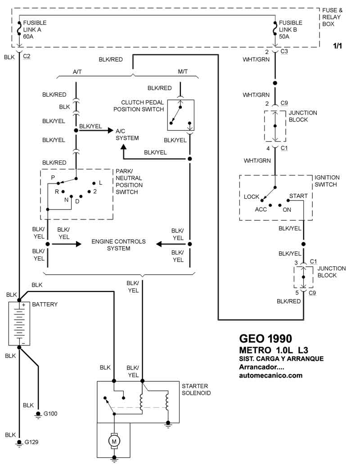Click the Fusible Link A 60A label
click(x=35, y=30)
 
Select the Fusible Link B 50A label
click(x=291, y=30)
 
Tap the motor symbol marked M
click(x=114, y=442)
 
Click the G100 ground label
click(x=50, y=413)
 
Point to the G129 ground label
click(x=31, y=442)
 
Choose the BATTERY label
click(x=45, y=304)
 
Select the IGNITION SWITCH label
click(x=327, y=181)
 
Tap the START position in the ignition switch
click(x=298, y=196)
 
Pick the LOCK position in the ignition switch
click(x=252, y=197)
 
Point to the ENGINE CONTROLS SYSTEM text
click(x=118, y=245)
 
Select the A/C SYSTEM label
click(x=127, y=134)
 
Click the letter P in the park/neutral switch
click(x=53, y=178)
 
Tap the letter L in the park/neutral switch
click(x=101, y=183)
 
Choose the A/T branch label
click(x=77, y=71)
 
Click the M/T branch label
click(x=183, y=71)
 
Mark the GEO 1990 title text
click(x=265, y=338)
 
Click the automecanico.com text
click(x=270, y=375)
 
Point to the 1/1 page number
click(x=337, y=46)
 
